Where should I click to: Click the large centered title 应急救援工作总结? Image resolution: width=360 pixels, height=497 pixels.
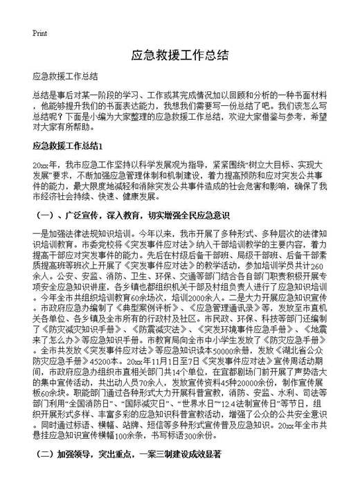pyautogui.click(x=179, y=55)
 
